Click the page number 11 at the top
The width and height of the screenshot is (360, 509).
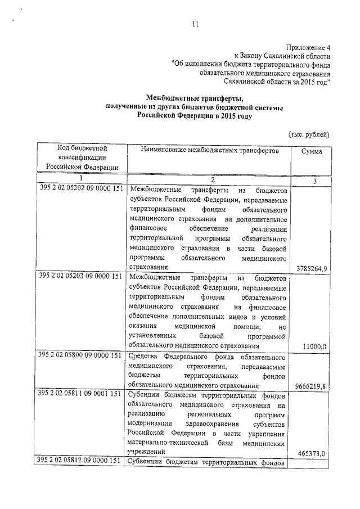(195, 24)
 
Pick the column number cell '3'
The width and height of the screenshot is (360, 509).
(314, 180)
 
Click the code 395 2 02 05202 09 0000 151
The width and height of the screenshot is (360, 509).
(82, 188)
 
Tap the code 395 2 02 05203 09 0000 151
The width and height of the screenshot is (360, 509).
(82, 277)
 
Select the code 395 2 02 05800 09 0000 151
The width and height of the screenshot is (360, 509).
(82, 355)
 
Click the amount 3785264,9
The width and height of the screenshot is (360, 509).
(311, 268)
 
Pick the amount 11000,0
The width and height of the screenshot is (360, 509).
(314, 348)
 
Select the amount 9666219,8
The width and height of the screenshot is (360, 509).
(311, 386)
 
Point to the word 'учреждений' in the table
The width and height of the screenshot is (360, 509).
(147, 452)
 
